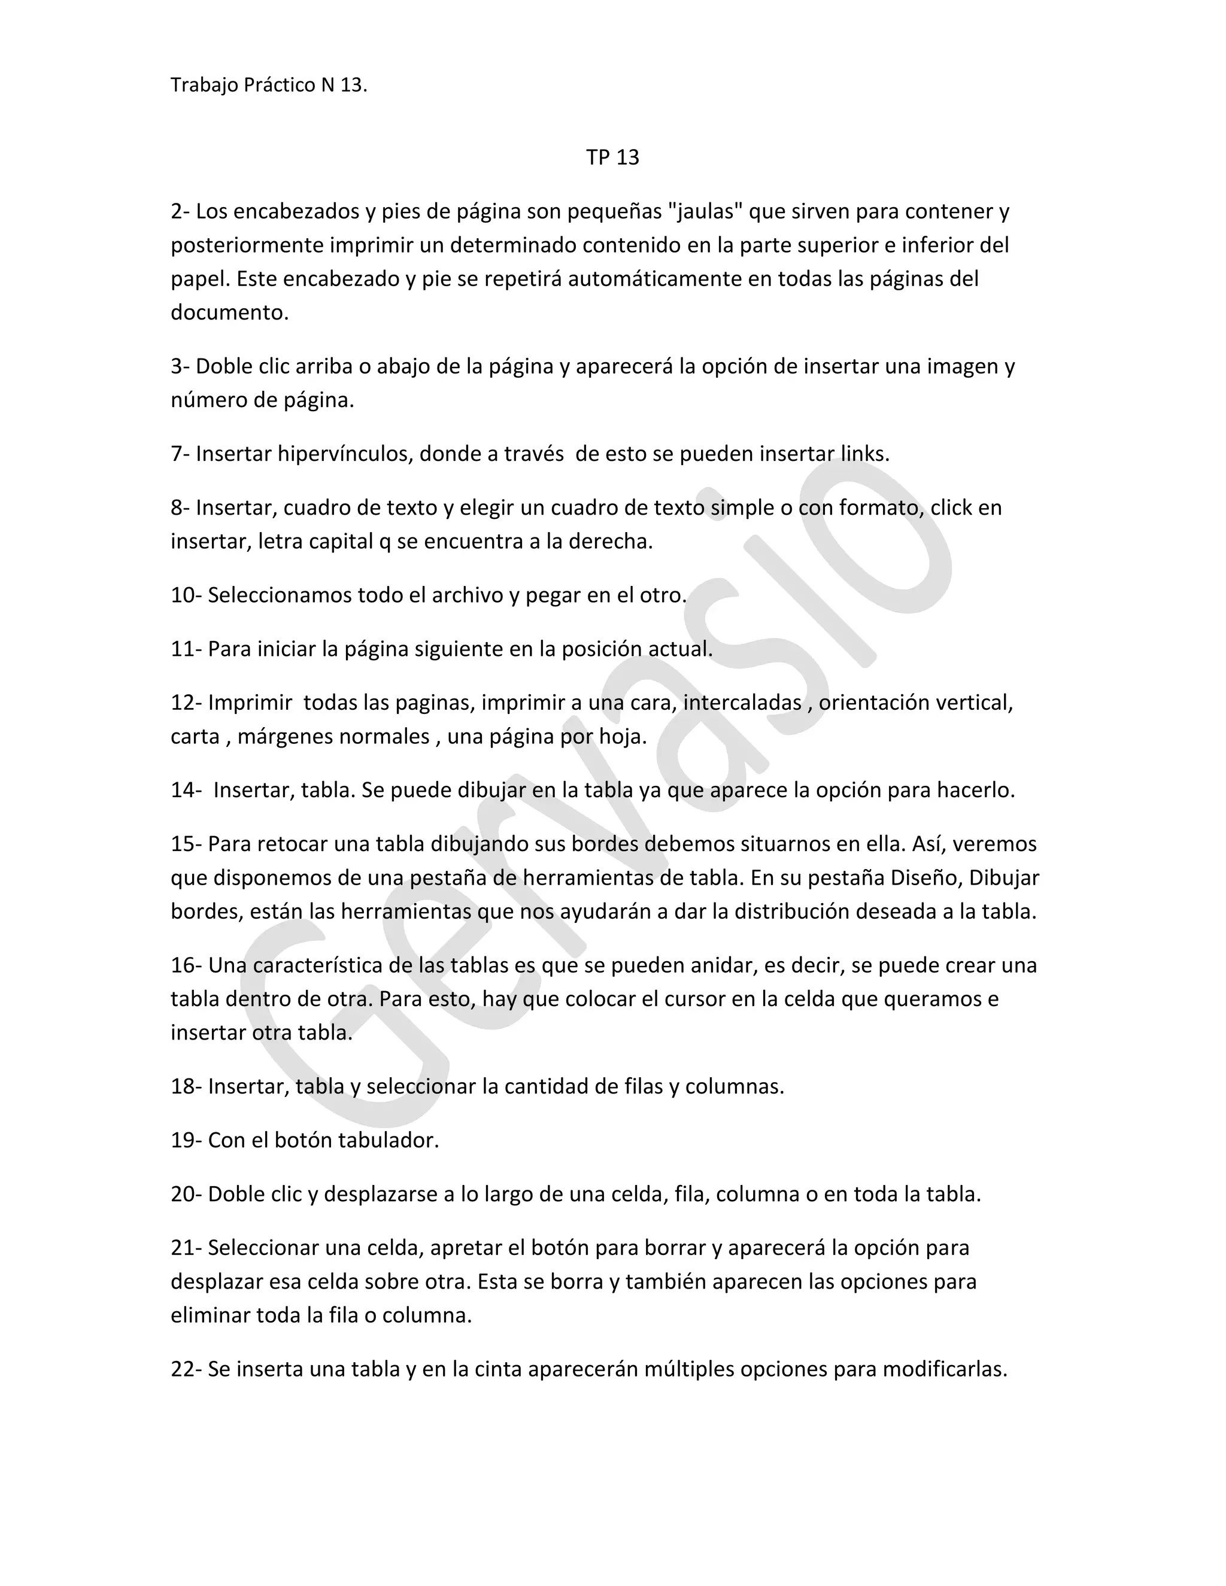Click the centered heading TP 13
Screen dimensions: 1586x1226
click(x=612, y=157)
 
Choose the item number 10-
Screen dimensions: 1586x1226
click(x=186, y=595)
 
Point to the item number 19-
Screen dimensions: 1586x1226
click(x=186, y=1141)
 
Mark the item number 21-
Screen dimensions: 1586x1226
click(x=186, y=1248)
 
